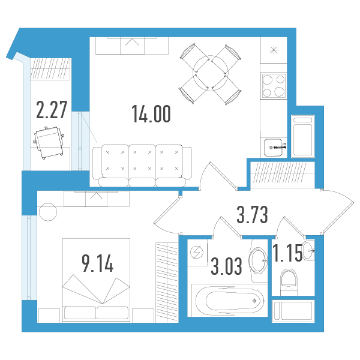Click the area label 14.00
[x=151, y=113]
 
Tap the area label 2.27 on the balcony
[x=52, y=110]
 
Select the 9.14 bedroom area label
[x=98, y=263]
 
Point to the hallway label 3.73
[x=252, y=215]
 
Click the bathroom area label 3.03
[x=226, y=266]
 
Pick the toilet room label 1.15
[x=287, y=253]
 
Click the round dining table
[x=211, y=73]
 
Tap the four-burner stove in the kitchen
[x=274, y=86]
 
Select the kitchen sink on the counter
[x=274, y=147]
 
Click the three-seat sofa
[x=142, y=165]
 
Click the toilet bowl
[x=289, y=282]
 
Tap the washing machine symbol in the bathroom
[x=197, y=253]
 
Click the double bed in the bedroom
[x=96, y=280]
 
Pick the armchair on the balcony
[x=49, y=142]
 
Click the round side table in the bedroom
[x=48, y=212]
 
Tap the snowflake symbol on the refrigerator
[x=274, y=50]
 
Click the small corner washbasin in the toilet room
[x=309, y=250]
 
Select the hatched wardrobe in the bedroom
[x=167, y=283]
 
